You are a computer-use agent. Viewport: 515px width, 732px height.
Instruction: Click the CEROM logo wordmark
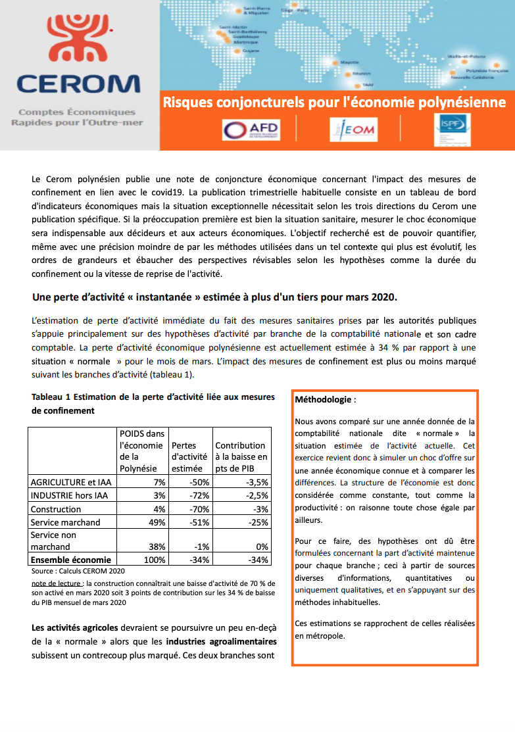tap(78, 84)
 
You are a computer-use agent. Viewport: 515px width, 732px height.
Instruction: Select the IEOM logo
tap(353, 129)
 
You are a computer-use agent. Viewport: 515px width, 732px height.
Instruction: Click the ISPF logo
tap(452, 130)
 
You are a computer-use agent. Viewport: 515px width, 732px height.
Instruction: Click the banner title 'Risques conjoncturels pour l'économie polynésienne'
tap(334, 103)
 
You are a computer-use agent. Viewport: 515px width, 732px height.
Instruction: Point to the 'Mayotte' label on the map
tap(349, 62)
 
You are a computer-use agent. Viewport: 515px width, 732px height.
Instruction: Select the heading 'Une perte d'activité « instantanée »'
tap(214, 297)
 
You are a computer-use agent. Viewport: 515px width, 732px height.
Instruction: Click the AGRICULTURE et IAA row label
tap(71, 482)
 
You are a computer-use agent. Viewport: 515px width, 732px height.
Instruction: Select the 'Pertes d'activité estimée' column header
tap(189, 457)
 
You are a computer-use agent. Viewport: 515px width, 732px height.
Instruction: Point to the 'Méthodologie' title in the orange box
tap(325, 399)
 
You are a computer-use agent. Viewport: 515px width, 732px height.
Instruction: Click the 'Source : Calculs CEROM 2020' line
tap(78, 571)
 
